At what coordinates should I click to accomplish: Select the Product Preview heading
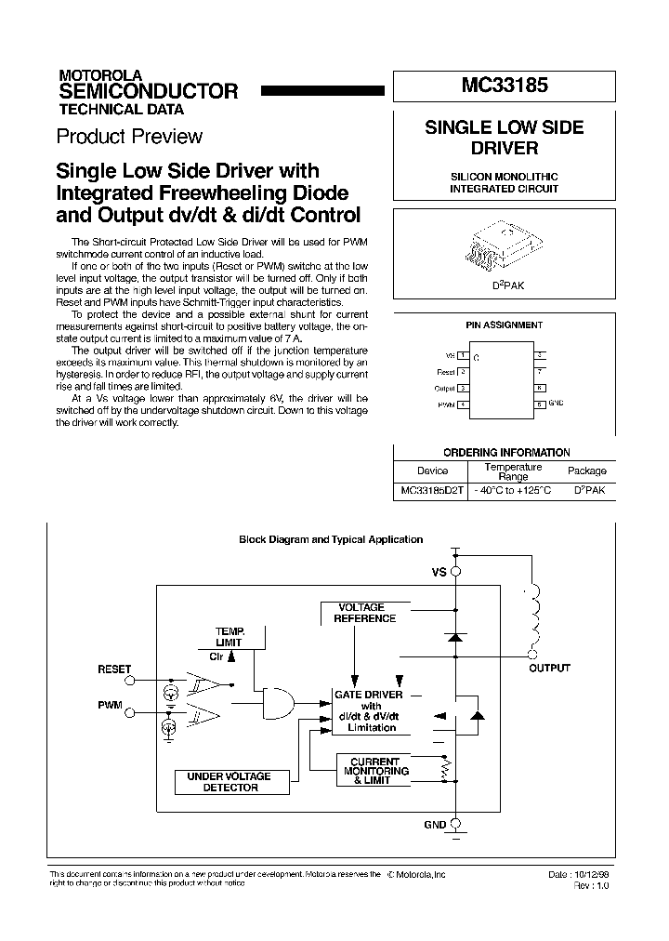coord(129,137)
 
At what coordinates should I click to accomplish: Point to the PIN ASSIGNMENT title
coord(504,325)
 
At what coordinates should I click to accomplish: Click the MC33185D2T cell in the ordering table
coord(432,490)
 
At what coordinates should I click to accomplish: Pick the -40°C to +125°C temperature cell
coord(513,490)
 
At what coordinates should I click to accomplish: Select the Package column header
coord(586,470)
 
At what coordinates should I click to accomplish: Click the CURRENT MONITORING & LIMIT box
coord(376,771)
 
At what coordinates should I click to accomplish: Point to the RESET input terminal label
coord(114,669)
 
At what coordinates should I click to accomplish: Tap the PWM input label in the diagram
coord(110,706)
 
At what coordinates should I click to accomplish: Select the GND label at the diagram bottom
coord(435,825)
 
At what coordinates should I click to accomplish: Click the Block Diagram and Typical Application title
coord(331,539)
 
